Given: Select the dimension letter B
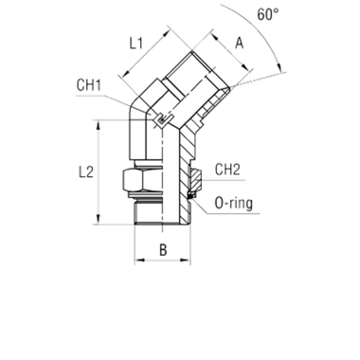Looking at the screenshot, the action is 162,253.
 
